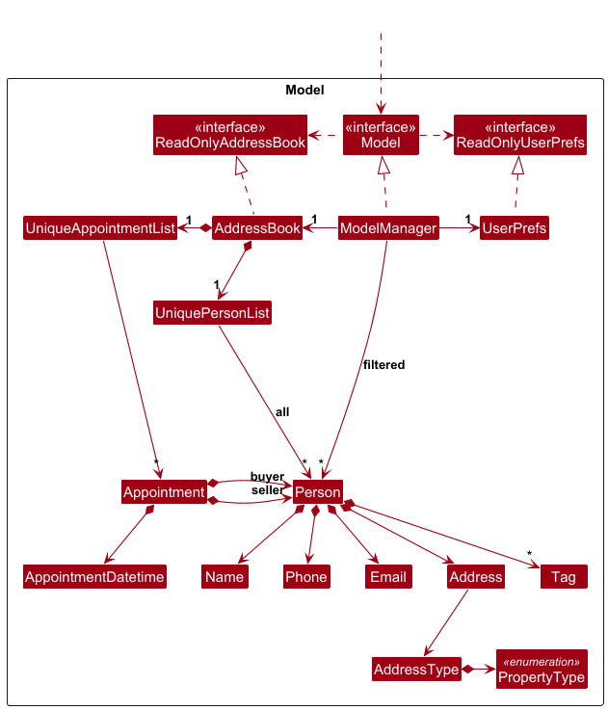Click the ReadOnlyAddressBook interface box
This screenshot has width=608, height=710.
click(x=229, y=135)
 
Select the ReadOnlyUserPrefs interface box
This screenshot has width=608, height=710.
click(x=519, y=135)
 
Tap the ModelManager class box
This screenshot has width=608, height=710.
click(x=388, y=228)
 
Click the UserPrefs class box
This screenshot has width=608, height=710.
click(x=514, y=228)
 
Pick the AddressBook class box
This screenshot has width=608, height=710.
click(x=257, y=228)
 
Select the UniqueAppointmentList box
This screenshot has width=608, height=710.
click(x=100, y=228)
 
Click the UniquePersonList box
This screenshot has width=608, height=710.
click(x=212, y=313)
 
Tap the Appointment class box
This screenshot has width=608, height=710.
click(x=164, y=491)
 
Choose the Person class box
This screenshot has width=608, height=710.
click(x=318, y=491)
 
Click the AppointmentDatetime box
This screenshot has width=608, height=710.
click(x=94, y=577)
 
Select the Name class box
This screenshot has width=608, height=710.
click(x=225, y=577)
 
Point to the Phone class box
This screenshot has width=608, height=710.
click(x=306, y=577)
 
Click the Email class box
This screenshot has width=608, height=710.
click(x=387, y=577)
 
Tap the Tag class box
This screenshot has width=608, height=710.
click(x=564, y=577)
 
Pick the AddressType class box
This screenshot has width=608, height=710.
click(x=416, y=670)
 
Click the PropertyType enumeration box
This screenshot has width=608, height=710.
click(x=541, y=670)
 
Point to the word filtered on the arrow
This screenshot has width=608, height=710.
click(x=383, y=365)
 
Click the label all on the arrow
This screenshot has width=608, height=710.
click(x=282, y=411)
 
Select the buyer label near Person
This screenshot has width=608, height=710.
click(x=267, y=477)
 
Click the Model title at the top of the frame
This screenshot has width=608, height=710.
click(x=304, y=91)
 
